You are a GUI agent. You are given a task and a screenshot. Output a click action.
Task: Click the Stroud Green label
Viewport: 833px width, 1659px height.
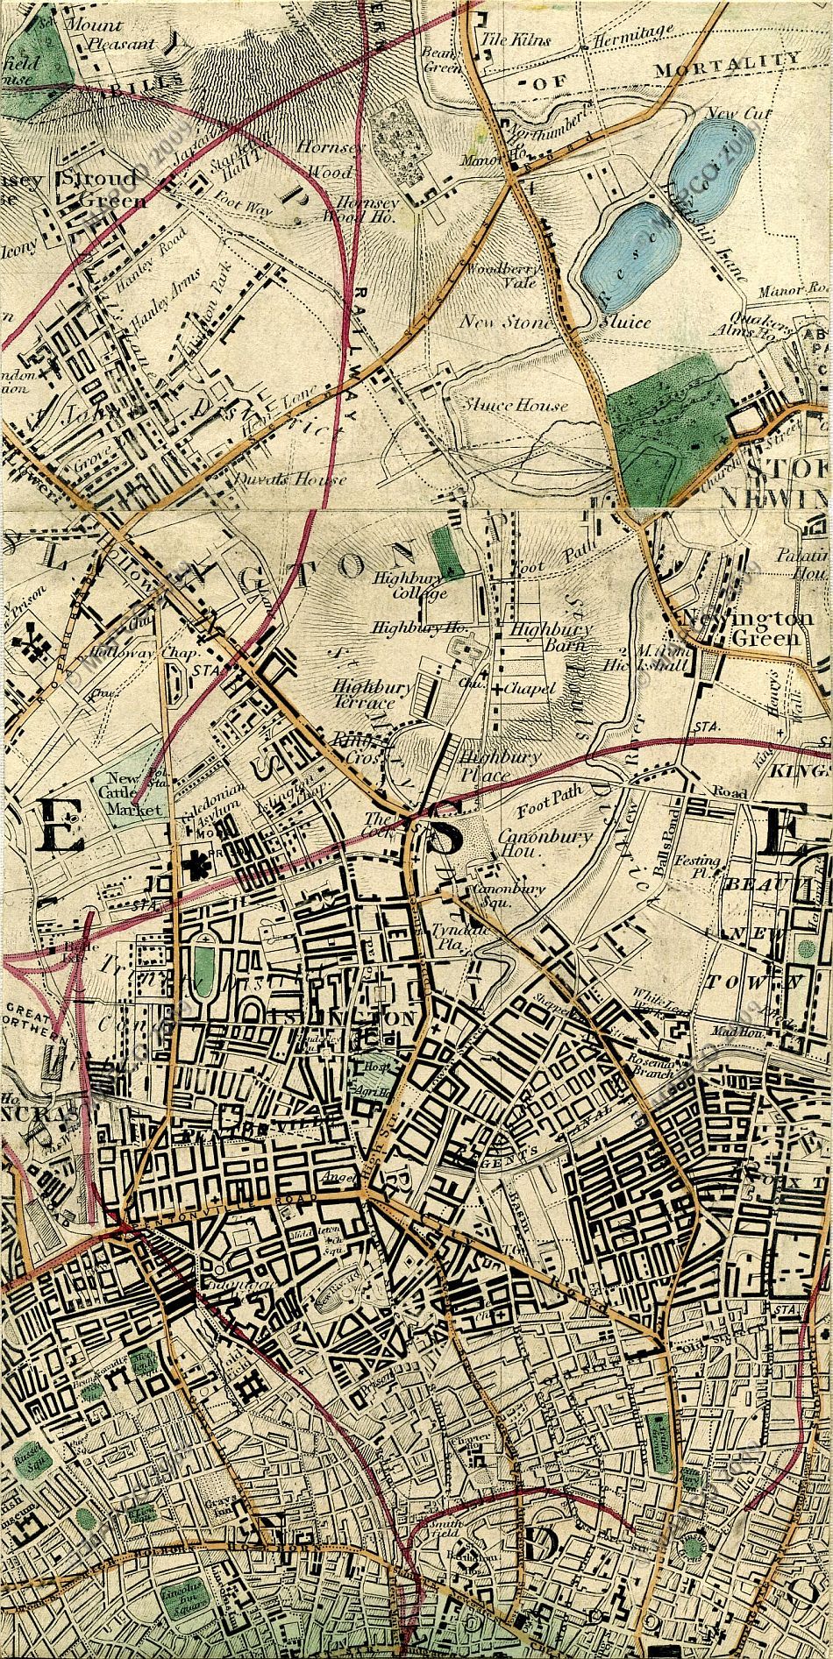[x=96, y=189]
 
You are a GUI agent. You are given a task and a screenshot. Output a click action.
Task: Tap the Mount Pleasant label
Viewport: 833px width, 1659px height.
[x=119, y=34]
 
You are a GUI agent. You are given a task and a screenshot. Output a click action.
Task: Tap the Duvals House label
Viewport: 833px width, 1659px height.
[x=289, y=479]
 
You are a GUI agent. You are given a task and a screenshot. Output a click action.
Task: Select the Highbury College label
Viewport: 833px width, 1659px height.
[x=410, y=585]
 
